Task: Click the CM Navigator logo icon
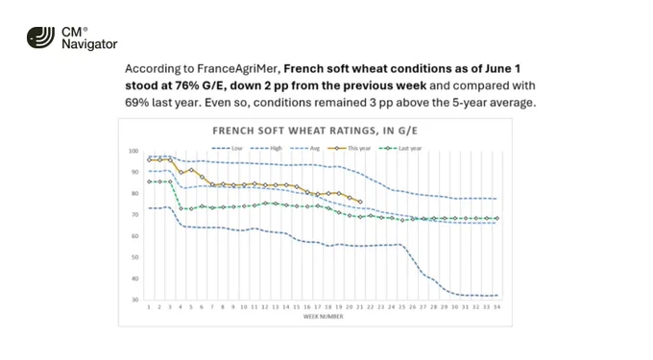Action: point(40,37)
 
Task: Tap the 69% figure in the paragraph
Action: point(136,103)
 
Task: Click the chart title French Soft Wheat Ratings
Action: point(315,131)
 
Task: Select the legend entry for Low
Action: point(227,148)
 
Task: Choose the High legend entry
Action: point(267,148)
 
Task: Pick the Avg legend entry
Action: point(304,148)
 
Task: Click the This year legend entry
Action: point(349,148)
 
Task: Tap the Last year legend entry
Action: point(399,148)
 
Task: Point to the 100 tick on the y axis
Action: point(133,151)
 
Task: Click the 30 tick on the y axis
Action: point(135,300)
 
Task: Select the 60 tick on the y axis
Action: point(135,236)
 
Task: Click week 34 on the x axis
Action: point(496,307)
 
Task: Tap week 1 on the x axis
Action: point(149,307)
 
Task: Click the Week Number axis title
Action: point(324,317)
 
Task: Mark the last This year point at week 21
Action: point(360,202)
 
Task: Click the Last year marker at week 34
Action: point(496,219)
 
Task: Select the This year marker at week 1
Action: point(149,159)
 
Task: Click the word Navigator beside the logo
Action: point(89,44)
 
